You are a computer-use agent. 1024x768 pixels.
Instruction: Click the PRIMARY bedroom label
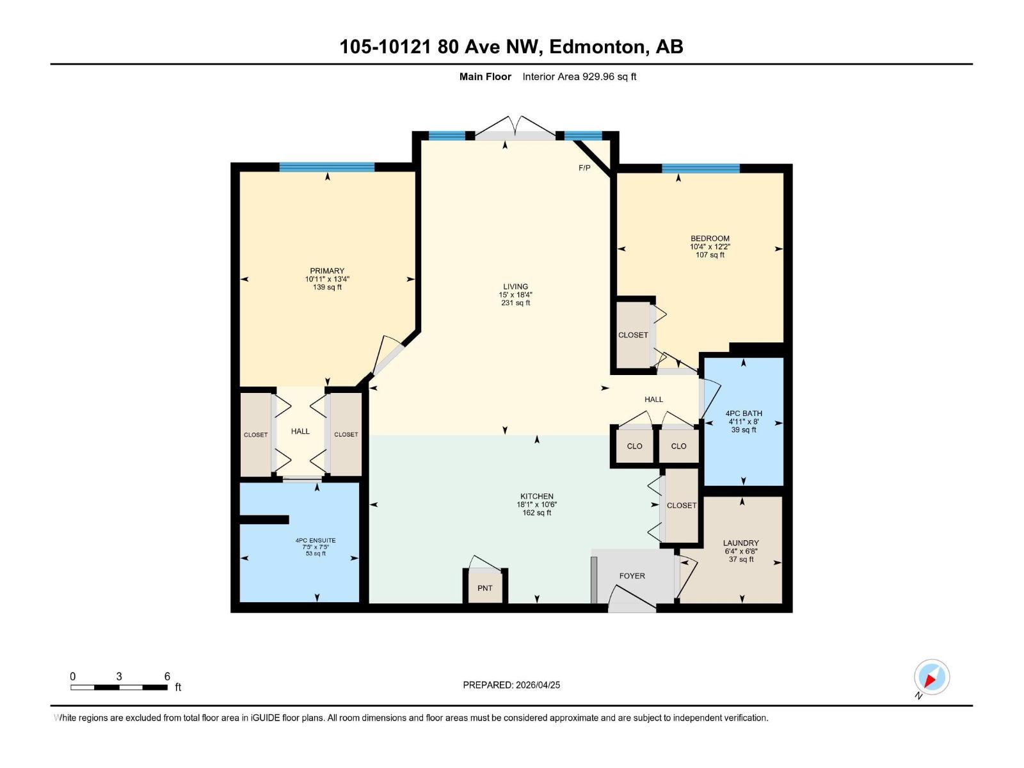point(327,271)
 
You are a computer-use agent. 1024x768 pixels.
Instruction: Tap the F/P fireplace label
point(584,168)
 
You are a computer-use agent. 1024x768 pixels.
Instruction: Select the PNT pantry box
point(485,588)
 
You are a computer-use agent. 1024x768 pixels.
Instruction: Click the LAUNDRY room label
point(741,543)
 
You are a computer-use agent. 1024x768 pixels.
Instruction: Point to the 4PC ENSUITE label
point(316,540)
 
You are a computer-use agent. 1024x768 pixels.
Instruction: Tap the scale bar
point(119,687)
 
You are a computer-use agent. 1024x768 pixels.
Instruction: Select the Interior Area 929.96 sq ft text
point(579,77)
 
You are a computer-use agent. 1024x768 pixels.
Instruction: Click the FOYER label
point(632,576)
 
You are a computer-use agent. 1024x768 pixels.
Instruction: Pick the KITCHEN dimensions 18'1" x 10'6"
point(536,504)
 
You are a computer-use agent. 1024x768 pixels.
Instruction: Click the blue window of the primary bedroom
point(326,167)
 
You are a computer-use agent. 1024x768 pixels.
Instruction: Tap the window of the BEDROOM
point(701,168)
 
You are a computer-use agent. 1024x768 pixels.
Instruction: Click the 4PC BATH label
point(744,413)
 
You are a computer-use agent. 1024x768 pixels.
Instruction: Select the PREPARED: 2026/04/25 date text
point(511,685)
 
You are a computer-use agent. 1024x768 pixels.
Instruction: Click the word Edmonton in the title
point(596,47)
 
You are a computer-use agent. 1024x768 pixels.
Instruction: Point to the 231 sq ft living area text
point(515,303)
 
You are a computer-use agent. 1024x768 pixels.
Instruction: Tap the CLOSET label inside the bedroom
point(633,335)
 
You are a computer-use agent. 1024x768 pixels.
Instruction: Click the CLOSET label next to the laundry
point(682,505)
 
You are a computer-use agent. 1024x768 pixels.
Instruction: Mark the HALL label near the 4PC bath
point(653,399)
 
